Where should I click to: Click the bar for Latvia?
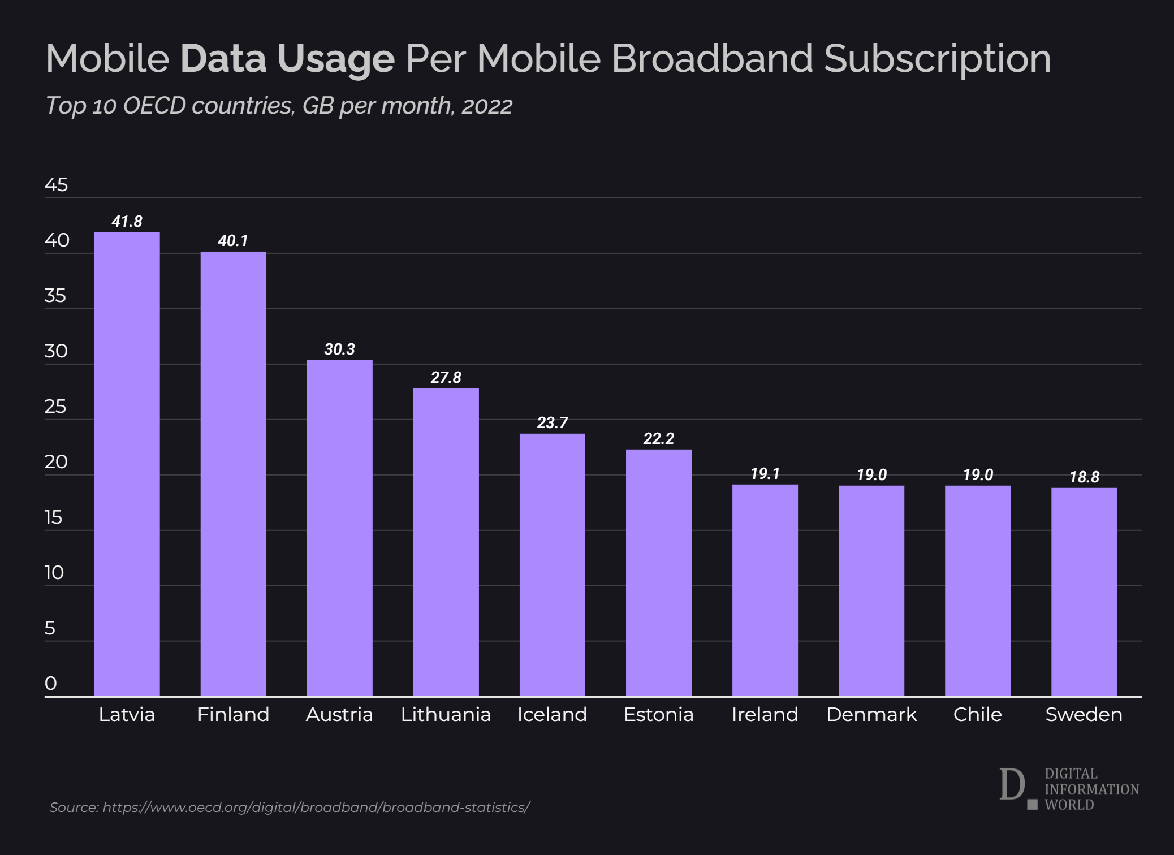pos(127,464)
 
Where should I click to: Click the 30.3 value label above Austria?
pos(339,349)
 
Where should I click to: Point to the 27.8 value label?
pos(446,377)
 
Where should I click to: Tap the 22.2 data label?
pos(658,438)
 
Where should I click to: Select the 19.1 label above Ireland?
pos(765,473)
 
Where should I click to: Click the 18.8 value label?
pos(1084,477)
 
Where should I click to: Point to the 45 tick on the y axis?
pos(56,185)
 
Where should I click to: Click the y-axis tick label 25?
pos(55,407)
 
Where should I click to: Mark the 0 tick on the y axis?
pos(51,683)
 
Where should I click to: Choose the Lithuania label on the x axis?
pos(446,715)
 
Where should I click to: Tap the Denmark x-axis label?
pos(871,715)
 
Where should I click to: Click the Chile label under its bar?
pos(977,715)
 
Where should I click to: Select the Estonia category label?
pos(658,715)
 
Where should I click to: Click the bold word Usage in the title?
pos(335,59)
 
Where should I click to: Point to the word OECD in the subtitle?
pos(154,106)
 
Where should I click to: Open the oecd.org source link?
pos(316,807)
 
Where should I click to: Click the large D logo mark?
pos(1012,784)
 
